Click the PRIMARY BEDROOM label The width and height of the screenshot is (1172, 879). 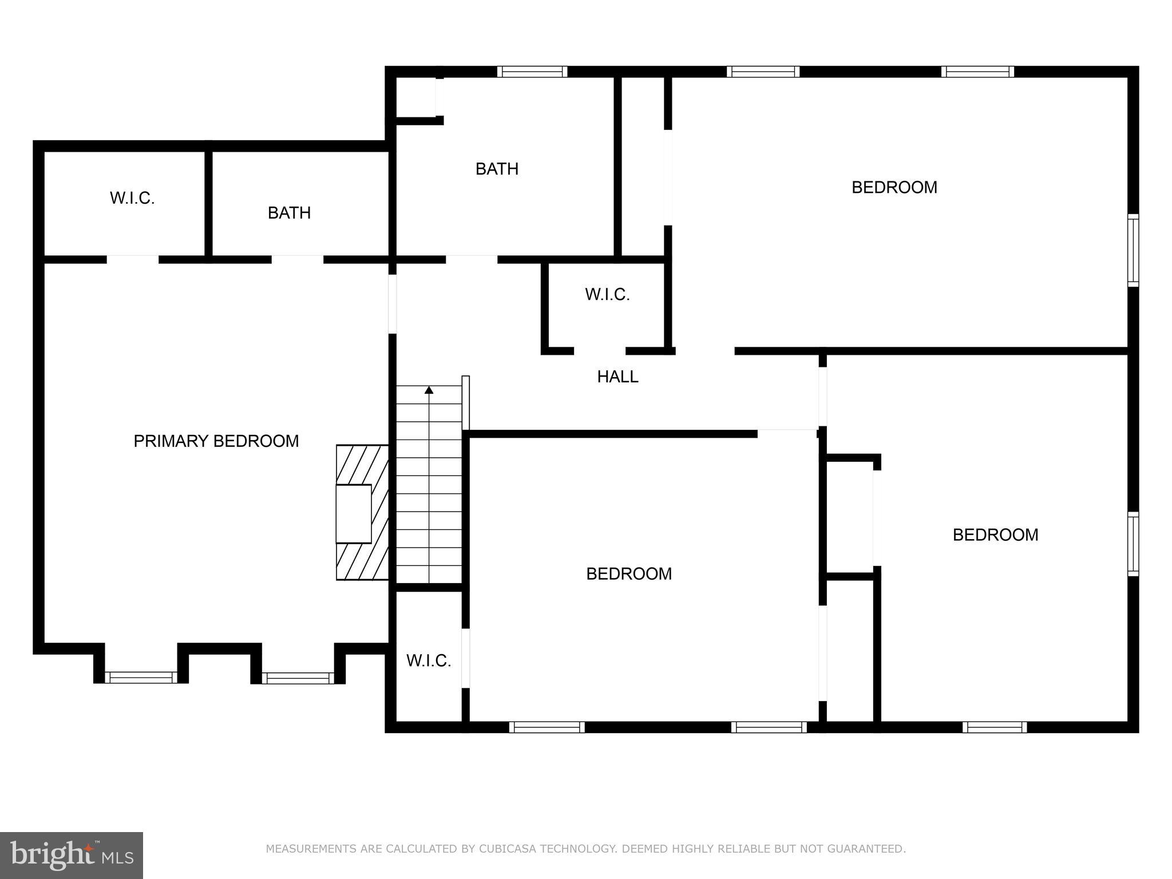click(x=216, y=441)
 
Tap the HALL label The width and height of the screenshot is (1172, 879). click(x=617, y=377)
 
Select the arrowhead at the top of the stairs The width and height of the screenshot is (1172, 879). click(x=429, y=390)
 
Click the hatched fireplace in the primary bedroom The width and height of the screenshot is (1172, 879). click(x=362, y=513)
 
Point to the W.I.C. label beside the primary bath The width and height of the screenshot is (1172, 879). click(x=132, y=199)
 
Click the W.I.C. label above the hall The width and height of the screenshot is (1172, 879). click(x=607, y=295)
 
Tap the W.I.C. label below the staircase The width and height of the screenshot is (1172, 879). click(x=429, y=661)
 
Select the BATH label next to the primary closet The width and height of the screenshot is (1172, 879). click(x=289, y=213)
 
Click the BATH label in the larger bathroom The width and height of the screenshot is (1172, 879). click(x=497, y=169)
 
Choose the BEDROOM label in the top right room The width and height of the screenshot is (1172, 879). click(x=894, y=188)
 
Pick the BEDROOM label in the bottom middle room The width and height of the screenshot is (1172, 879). click(x=629, y=574)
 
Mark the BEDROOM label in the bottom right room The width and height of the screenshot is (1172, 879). click(x=995, y=535)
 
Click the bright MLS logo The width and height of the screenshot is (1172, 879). click(x=71, y=855)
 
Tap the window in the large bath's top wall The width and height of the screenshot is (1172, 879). click(x=532, y=72)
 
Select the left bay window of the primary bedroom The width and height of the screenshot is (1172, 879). click(x=141, y=678)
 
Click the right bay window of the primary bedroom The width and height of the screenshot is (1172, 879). click(x=298, y=678)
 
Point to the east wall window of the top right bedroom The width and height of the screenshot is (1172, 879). click(x=1133, y=250)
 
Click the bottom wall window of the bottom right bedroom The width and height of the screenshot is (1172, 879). click(x=995, y=727)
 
